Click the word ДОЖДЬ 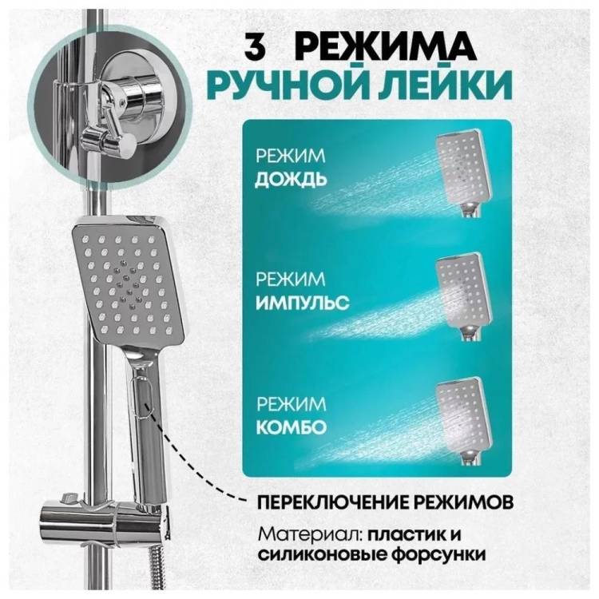pyautogui.click(x=291, y=180)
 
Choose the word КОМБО pyautogui.click(x=291, y=426)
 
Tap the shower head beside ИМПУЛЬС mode pyautogui.click(x=462, y=296)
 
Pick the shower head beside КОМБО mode pyautogui.click(x=463, y=422)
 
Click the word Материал pyautogui.click(x=310, y=534)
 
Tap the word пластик pyautogui.click(x=407, y=534)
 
